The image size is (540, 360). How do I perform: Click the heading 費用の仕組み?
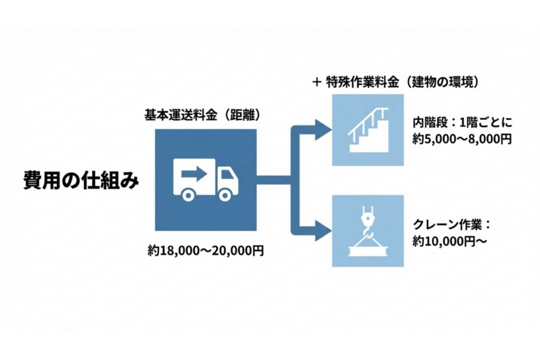81,180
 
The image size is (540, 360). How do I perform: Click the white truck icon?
205,179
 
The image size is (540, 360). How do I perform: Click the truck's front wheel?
224,194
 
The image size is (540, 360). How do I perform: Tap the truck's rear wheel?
187,194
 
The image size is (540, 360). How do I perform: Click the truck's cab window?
227,174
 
